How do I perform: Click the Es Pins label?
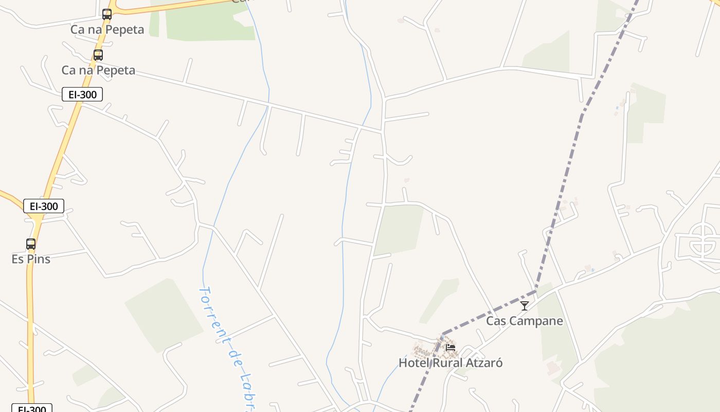click(x=31, y=259)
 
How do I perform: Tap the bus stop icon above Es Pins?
click(x=31, y=244)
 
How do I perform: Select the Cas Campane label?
click(x=525, y=321)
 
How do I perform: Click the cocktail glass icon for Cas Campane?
click(x=524, y=306)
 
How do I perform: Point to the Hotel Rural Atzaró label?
click(x=451, y=363)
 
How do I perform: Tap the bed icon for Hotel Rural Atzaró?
click(x=451, y=347)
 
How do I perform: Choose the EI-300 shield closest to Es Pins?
click(x=44, y=206)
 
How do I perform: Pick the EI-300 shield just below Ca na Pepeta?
click(x=82, y=94)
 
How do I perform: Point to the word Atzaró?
click(x=485, y=363)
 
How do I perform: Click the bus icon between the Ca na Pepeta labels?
click(x=98, y=55)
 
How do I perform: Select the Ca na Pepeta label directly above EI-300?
click(x=98, y=70)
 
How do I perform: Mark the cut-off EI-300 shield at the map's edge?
click(x=31, y=408)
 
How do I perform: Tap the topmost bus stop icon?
click(x=107, y=14)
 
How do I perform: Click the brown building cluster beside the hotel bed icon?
click(x=427, y=351)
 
